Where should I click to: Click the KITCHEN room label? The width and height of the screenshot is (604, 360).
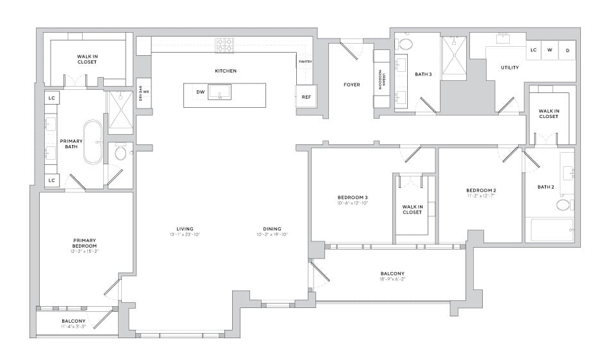pos(226,71)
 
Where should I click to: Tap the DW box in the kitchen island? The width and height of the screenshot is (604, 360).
pos(201,92)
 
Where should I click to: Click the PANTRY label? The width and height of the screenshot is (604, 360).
pos(305,62)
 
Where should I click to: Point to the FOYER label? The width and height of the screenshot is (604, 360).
pos(351,85)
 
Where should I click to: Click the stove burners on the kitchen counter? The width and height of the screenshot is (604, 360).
pos(224,45)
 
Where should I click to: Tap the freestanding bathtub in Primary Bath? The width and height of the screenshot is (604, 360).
pos(92,142)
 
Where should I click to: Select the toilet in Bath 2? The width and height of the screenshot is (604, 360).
pos(564,205)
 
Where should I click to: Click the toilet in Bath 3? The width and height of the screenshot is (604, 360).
pos(406,43)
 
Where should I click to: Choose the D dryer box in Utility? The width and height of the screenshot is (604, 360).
pos(567,49)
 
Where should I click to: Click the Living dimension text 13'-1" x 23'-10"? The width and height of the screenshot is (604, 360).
pos(185,235)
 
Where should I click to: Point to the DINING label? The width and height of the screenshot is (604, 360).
pos(272,228)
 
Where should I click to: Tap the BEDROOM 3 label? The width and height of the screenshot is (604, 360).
pos(353,197)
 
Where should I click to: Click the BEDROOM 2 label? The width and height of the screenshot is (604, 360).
pos(481,191)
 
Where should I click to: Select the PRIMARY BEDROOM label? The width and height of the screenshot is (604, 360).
pos(85,243)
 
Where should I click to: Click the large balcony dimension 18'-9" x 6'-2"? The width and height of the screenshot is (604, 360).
pos(392,280)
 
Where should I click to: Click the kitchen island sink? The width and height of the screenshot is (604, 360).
pos(219,92)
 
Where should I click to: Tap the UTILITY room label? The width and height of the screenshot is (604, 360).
pos(510,67)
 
